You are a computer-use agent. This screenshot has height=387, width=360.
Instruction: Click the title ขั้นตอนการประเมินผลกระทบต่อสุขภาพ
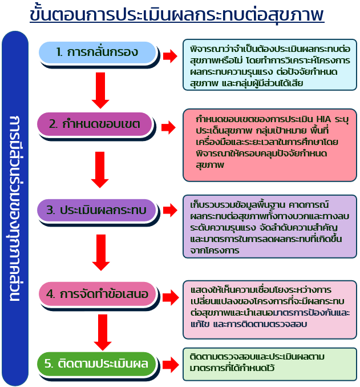pos(177,14)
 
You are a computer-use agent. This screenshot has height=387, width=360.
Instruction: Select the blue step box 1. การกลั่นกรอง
pos(98,53)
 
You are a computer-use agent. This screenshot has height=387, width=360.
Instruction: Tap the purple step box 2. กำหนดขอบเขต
pos(95,124)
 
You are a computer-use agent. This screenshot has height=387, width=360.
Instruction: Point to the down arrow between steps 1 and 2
pos(100,90)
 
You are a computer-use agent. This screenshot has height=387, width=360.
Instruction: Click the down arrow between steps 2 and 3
pos(100,170)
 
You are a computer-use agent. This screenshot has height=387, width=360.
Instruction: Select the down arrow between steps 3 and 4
pos(101,252)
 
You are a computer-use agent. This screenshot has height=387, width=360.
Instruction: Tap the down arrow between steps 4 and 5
pos(103,332)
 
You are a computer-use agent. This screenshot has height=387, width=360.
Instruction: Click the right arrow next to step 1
pos(170,56)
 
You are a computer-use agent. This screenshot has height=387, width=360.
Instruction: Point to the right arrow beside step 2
pos(168,128)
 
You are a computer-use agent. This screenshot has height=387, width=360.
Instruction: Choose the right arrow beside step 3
pos(170,210)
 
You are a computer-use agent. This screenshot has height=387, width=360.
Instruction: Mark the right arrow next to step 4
pos(171,297)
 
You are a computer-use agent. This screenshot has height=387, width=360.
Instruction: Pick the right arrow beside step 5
pos(171,365)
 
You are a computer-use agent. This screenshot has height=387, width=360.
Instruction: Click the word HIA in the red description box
pos(323,119)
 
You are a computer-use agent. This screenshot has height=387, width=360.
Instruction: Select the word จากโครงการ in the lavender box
pos(215,251)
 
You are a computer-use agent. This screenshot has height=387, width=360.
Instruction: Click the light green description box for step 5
pos(270,364)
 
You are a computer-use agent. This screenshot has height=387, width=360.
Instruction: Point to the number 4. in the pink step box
pos(51,294)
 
